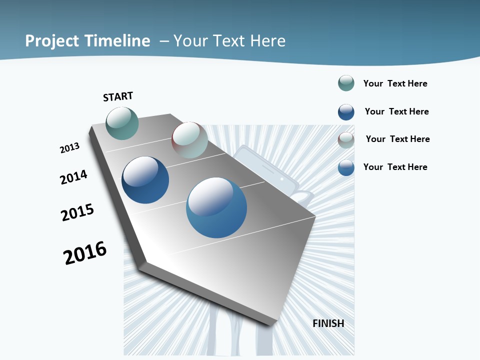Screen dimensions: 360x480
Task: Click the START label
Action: coord(118,96)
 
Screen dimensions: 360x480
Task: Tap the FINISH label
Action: coord(328,323)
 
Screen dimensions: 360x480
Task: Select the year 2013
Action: coord(69,148)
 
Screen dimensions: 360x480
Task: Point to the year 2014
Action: coord(73,177)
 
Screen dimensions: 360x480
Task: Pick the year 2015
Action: coord(77,212)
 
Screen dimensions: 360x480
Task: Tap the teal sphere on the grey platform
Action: coord(122,123)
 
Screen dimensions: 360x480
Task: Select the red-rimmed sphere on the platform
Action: coord(189,140)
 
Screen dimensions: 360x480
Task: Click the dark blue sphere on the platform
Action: coord(145,180)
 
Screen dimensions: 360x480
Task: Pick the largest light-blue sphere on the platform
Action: coord(216,207)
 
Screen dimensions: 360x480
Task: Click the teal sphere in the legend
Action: coord(346,83)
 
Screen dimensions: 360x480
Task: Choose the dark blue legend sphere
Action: coord(346,112)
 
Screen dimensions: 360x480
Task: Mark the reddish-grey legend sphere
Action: coord(346,140)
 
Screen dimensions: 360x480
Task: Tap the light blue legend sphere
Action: coord(346,167)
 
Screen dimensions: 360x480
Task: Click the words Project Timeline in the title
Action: coord(87,41)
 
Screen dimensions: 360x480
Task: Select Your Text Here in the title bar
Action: coord(229,41)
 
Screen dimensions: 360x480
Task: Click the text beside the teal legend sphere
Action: coord(395,83)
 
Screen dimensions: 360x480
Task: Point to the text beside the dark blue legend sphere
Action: coord(396,111)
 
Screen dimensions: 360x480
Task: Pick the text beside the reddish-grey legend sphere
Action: coord(397,139)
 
